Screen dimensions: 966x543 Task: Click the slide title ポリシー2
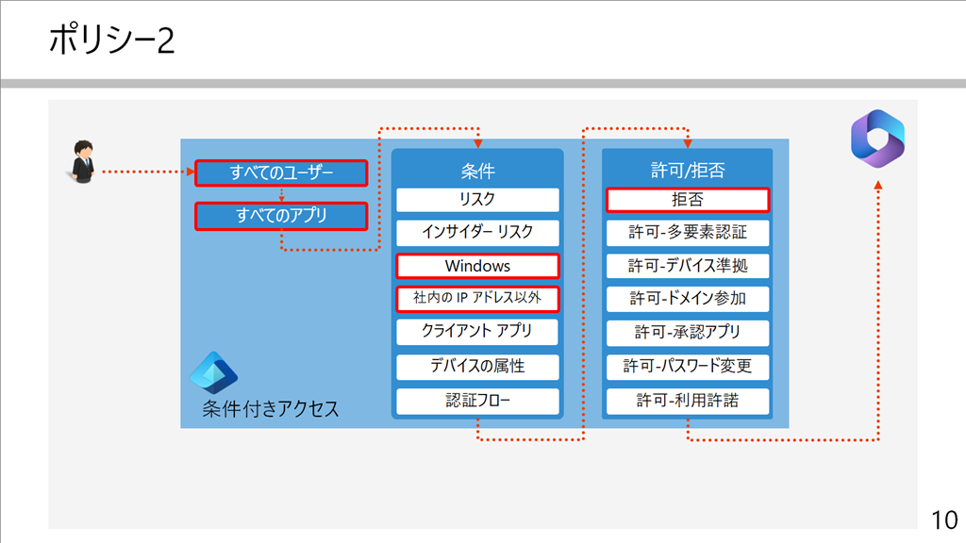(111, 40)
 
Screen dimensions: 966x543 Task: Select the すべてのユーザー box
(281, 173)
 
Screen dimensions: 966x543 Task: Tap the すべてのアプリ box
(281, 216)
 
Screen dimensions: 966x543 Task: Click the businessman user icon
(82, 162)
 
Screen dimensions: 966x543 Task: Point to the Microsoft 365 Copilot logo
(878, 139)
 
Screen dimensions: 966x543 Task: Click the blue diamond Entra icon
(214, 372)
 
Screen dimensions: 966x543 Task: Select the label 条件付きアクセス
(271, 409)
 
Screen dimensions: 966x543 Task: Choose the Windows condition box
(477, 266)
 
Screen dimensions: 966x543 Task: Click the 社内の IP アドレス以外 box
(477, 299)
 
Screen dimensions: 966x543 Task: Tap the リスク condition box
(477, 200)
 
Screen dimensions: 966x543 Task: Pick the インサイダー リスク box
(477, 233)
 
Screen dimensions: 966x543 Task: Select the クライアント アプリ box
(477, 332)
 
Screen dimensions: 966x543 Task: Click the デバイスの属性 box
(477, 367)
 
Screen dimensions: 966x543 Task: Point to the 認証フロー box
(477, 401)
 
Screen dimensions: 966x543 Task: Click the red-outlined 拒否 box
(688, 200)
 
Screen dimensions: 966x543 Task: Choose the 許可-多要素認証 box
(688, 233)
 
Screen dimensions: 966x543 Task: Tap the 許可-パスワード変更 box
(688, 367)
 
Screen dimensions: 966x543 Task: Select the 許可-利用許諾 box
(688, 401)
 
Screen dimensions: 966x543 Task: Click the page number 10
(943, 520)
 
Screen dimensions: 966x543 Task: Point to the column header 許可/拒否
(688, 170)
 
